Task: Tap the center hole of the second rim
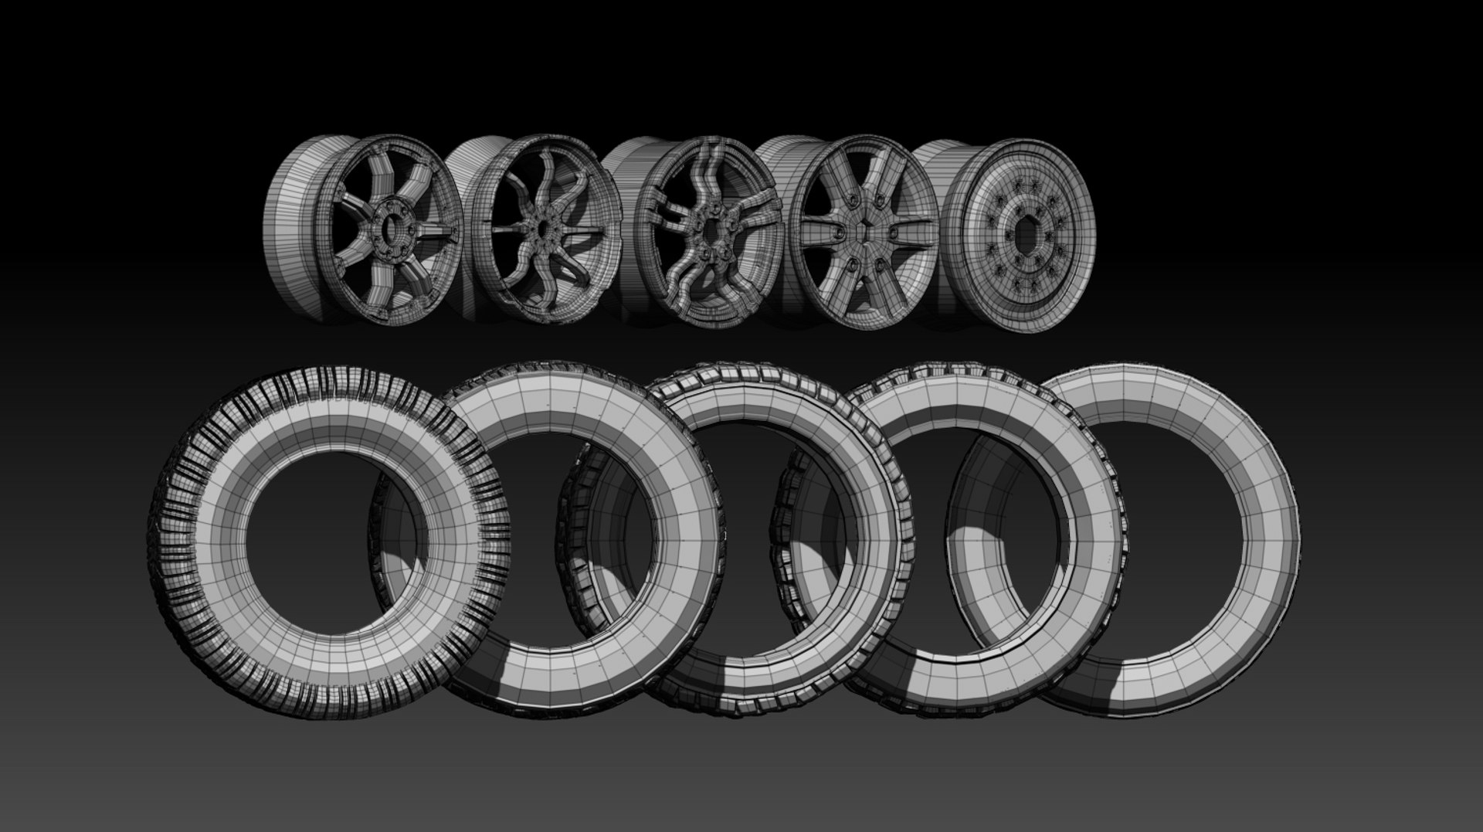543,229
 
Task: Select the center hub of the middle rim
708,229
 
